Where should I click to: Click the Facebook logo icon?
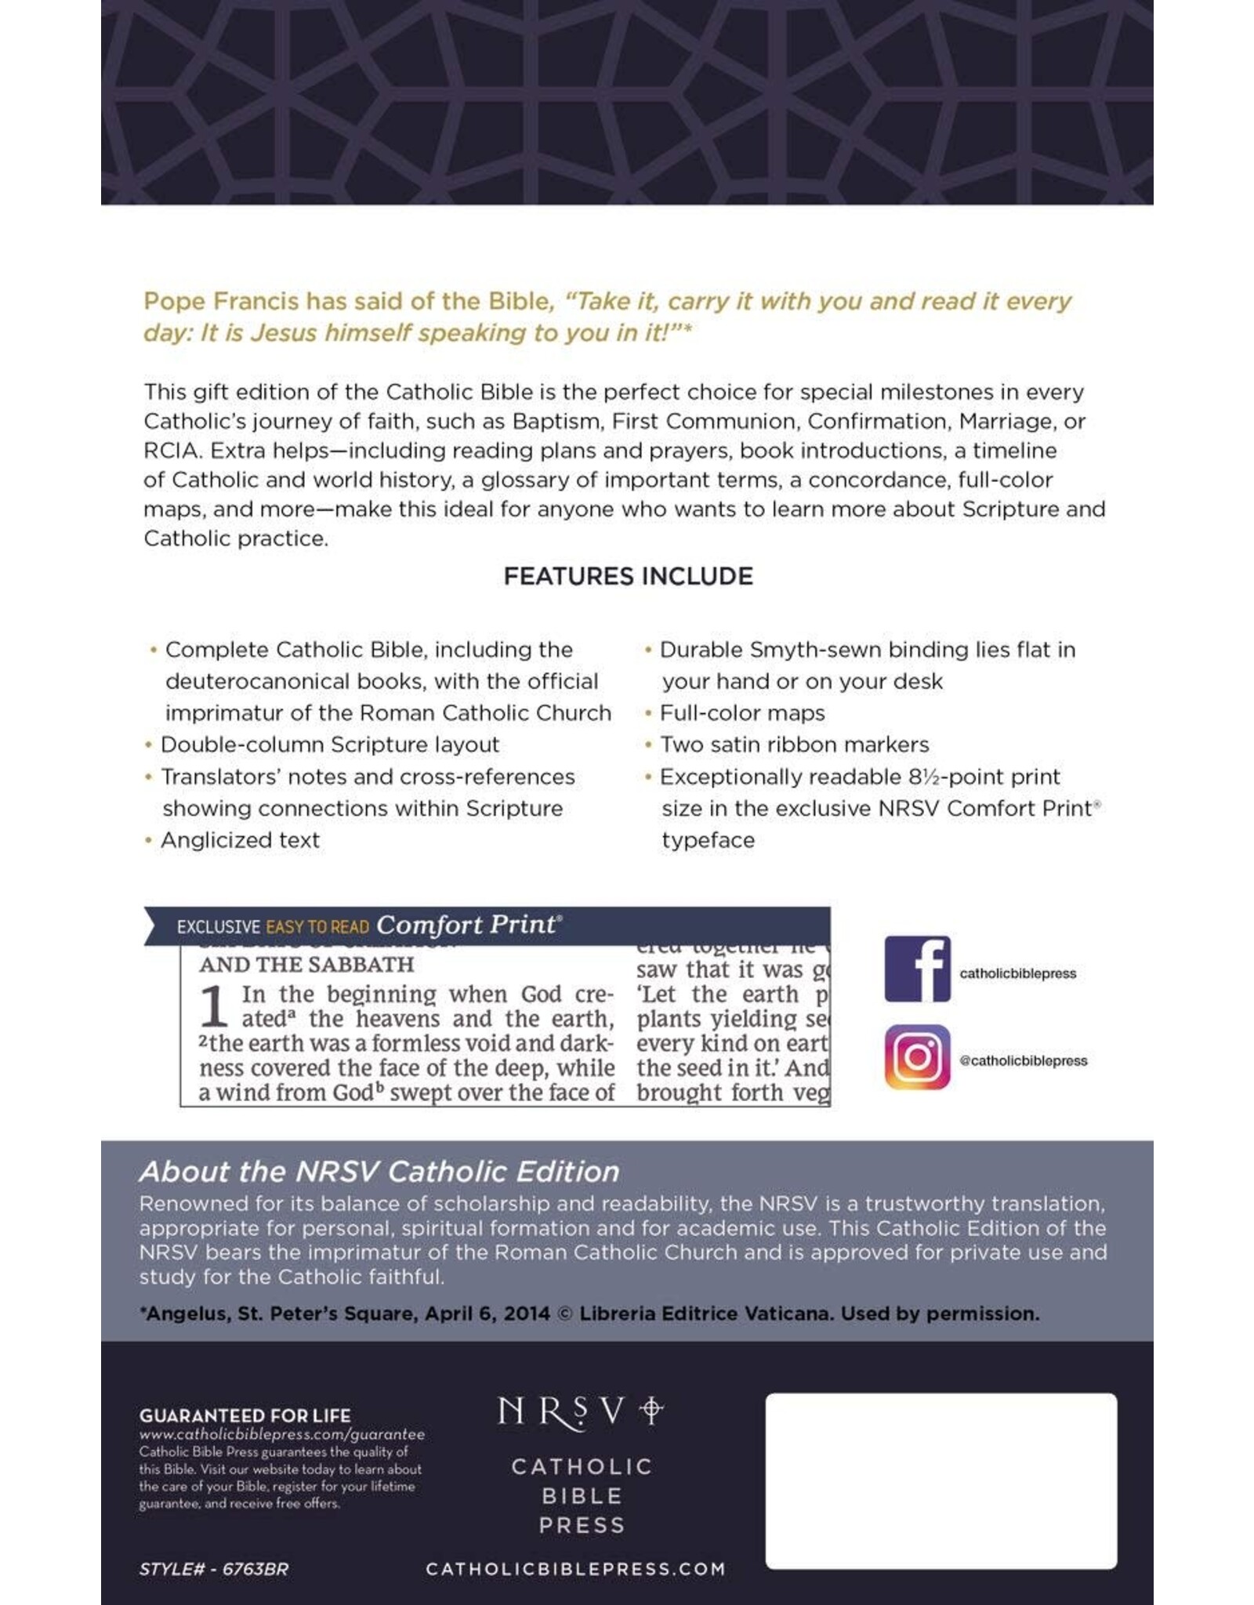tap(917, 969)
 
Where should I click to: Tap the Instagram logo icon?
tap(917, 1057)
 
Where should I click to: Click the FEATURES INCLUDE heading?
tap(628, 577)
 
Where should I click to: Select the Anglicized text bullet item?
tap(240, 840)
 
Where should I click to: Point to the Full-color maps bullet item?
tap(741, 713)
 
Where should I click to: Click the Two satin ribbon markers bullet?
tap(794, 745)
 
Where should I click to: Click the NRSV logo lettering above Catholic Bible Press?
tap(580, 1413)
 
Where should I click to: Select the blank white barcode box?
tap(940, 1481)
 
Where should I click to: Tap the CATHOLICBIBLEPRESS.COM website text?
tap(575, 1569)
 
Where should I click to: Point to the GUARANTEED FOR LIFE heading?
tap(245, 1415)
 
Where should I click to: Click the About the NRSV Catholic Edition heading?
tap(379, 1172)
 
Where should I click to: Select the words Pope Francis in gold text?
tap(221, 302)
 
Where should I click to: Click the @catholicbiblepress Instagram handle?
tap(1024, 1061)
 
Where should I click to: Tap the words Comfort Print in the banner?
tap(467, 925)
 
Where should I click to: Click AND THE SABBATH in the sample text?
tap(306, 965)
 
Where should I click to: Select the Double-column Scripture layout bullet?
tap(329, 745)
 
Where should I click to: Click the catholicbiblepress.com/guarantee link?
tap(282, 1435)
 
